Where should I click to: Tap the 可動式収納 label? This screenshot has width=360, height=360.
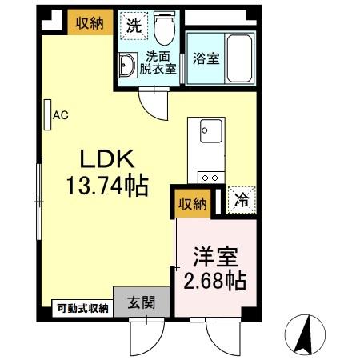pyautogui.click(x=82, y=307)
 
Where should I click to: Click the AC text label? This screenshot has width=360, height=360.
pyautogui.click(x=60, y=115)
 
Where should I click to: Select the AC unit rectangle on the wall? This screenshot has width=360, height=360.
pyautogui.click(x=47, y=114)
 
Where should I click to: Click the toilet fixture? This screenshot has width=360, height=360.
pyautogui.click(x=166, y=30)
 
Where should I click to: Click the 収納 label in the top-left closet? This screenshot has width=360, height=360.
pyautogui.click(x=89, y=23)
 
